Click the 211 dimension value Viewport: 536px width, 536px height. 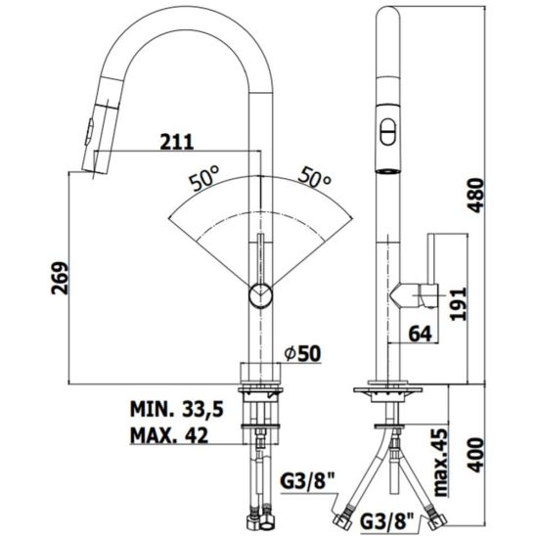click(177, 142)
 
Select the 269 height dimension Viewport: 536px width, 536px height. click(60, 278)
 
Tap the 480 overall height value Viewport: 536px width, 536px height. click(475, 196)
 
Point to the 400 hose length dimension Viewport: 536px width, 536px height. click(475, 455)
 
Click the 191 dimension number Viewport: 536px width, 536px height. click(458, 304)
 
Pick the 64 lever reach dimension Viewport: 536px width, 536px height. click(421, 333)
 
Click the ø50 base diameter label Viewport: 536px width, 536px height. click(303, 353)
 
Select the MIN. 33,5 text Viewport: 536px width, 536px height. click(177, 409)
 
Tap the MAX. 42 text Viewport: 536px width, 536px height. click(169, 435)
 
